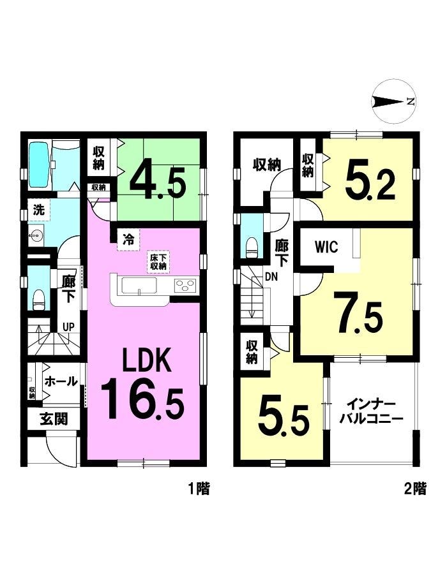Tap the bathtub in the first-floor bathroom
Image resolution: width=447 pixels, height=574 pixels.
point(40,165)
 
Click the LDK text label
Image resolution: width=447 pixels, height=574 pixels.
point(147,360)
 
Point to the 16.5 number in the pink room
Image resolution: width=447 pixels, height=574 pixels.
point(142,399)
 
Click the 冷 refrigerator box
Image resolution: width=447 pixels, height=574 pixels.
point(128,240)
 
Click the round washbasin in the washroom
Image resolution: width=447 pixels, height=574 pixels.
point(36,235)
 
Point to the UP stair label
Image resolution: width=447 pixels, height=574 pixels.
point(68,327)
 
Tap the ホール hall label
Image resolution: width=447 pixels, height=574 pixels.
point(61,381)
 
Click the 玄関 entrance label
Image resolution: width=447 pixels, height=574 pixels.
point(54,419)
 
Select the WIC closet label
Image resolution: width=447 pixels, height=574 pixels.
point(326,247)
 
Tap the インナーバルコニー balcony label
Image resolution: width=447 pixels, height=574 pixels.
point(371,412)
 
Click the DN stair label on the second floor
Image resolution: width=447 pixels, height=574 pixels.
point(271,277)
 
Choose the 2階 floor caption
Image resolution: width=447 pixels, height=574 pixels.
point(416,489)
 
